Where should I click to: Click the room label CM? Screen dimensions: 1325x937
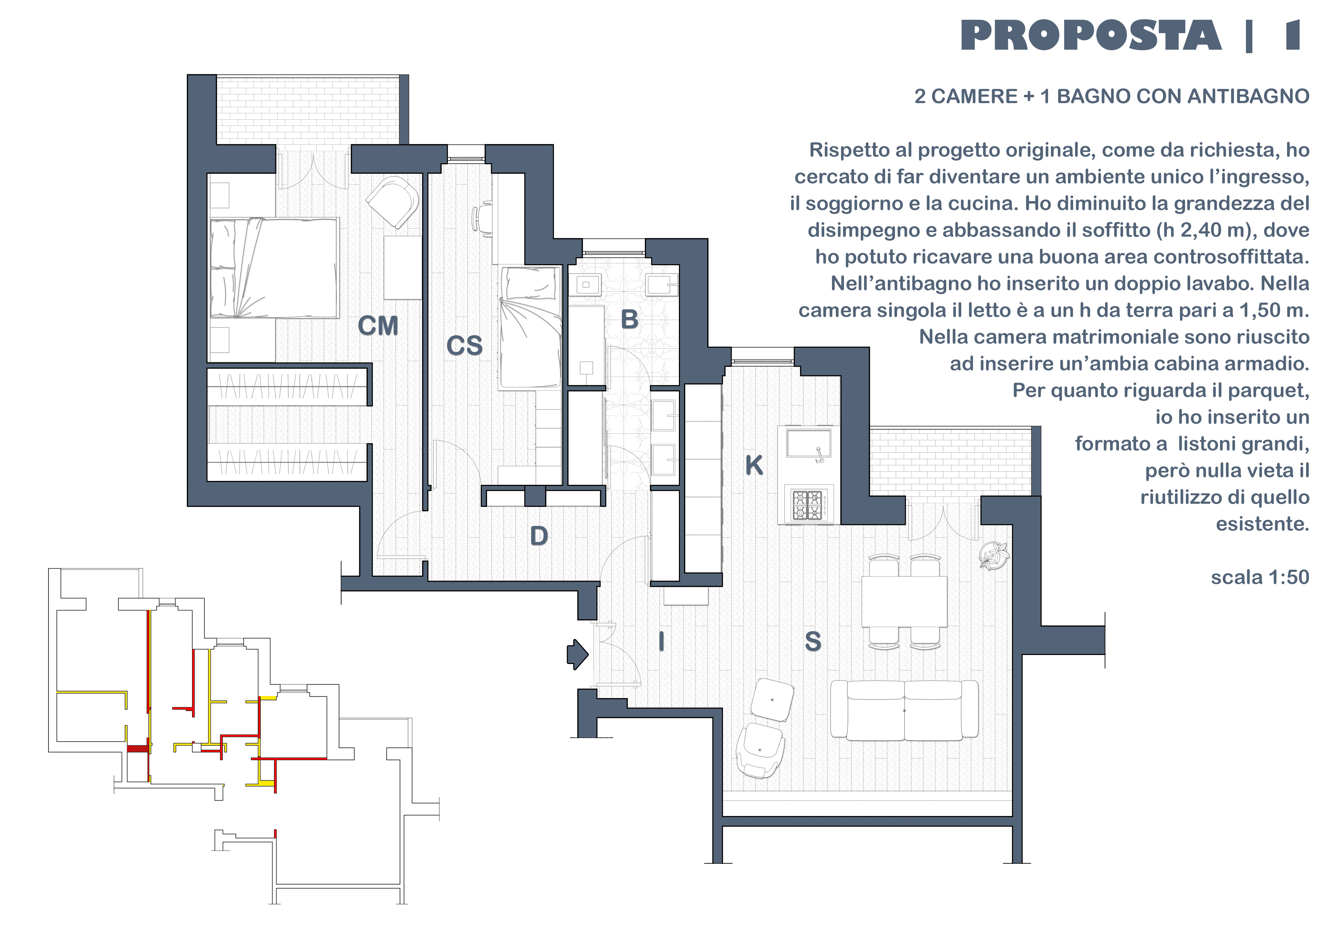[x=378, y=326]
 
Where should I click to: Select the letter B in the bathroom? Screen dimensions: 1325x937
[x=630, y=320]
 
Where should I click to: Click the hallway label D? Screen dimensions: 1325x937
[x=539, y=536]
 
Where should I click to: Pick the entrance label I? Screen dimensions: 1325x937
[x=661, y=641]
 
